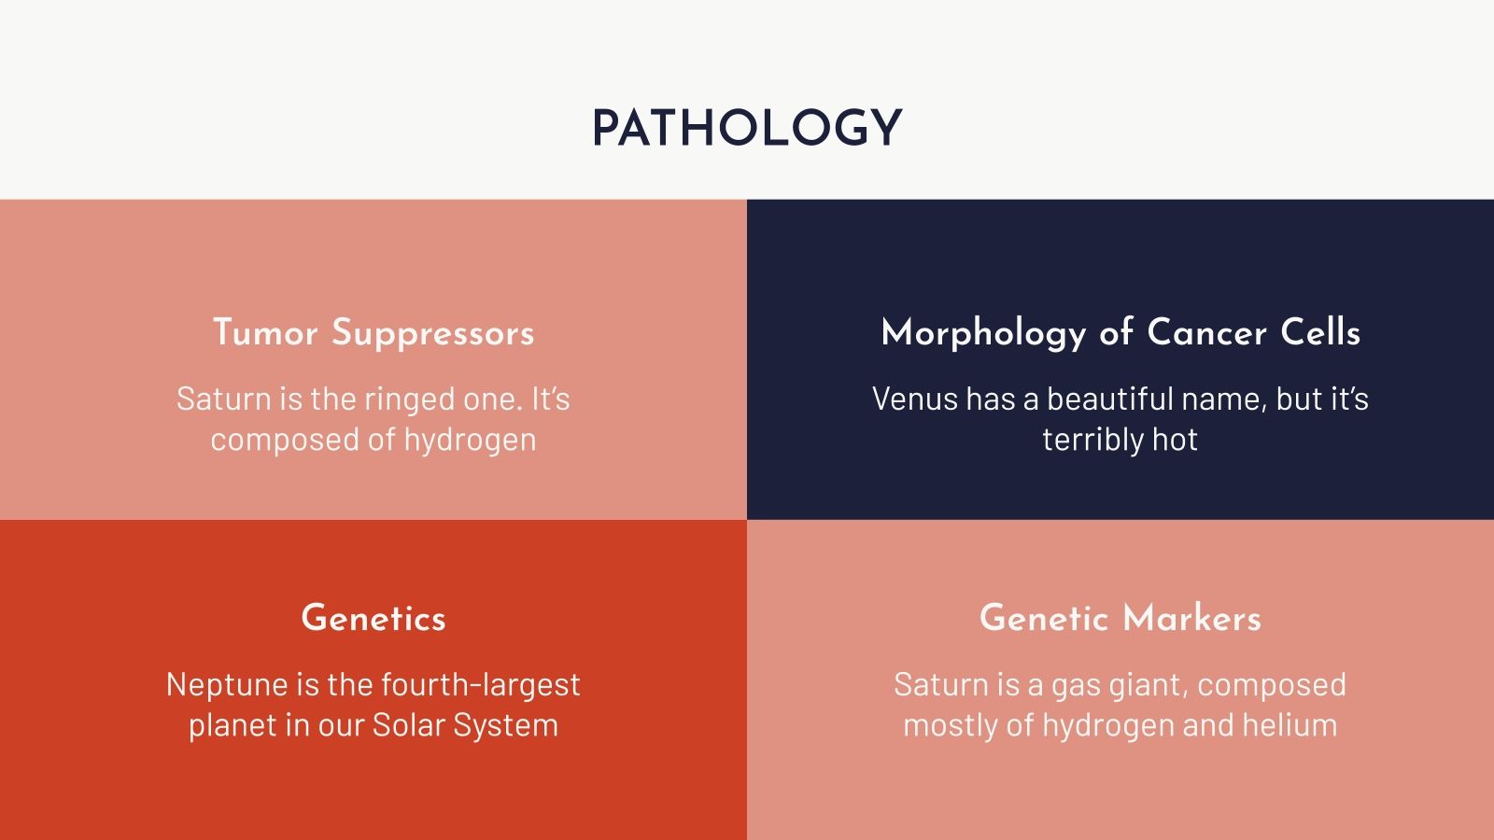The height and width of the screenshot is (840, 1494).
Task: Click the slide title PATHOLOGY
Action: coord(746,129)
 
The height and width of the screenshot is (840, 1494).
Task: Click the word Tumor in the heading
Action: coord(265,333)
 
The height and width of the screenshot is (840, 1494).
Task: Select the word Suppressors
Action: coord(432,333)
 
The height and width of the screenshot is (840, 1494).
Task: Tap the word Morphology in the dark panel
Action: coord(982,333)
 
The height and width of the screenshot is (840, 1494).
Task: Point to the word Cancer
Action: coord(1206,333)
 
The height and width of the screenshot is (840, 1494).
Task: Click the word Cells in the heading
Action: coord(1319,333)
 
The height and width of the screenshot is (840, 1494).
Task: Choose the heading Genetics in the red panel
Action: coord(373,619)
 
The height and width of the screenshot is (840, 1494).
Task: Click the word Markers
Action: coord(1191,619)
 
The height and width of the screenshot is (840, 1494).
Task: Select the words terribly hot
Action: coord(1120,439)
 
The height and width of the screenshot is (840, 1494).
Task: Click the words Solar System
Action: coord(465,725)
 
